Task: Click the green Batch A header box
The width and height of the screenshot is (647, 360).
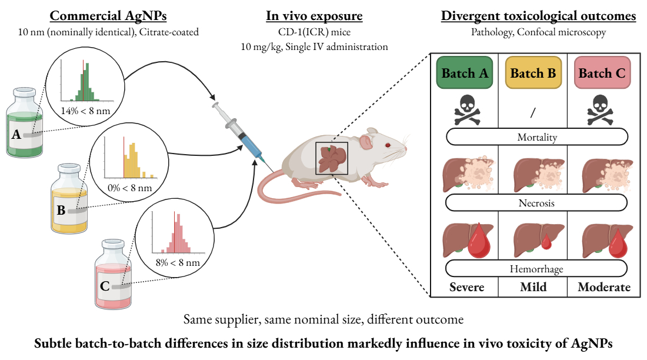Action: [463, 73]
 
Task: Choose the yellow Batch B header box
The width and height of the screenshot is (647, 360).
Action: [532, 73]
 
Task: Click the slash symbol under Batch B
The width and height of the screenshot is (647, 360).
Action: [532, 112]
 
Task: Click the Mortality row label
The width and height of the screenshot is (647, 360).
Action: [536, 138]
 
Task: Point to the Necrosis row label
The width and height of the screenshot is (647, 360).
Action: [536, 203]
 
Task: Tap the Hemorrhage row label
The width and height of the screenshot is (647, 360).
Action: [536, 269]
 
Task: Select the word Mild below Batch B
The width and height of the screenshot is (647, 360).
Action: [533, 288]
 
